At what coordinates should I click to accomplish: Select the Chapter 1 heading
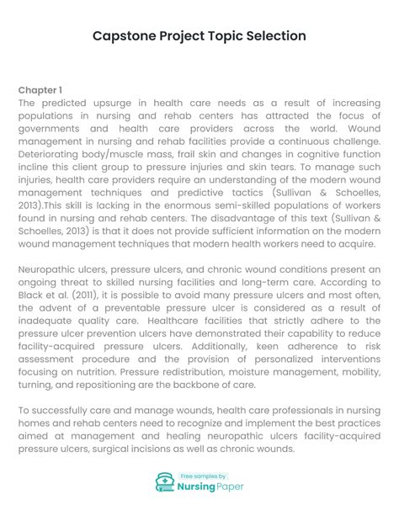40,89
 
